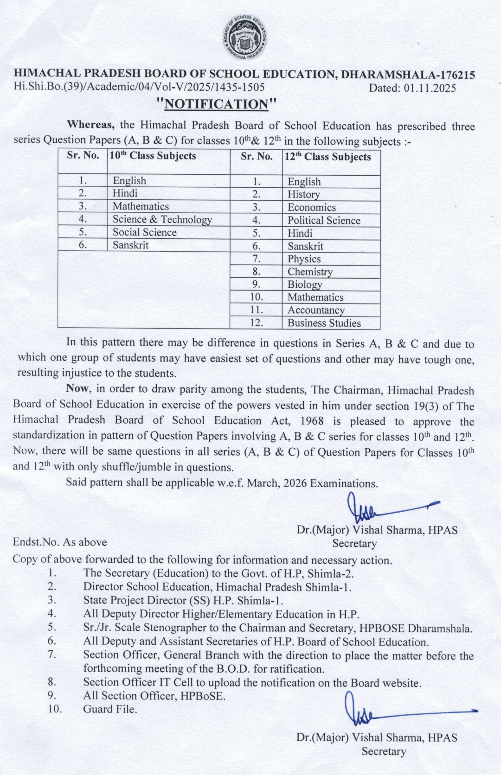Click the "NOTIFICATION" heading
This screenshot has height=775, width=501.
click(x=218, y=103)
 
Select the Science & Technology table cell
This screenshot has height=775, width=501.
click(x=162, y=219)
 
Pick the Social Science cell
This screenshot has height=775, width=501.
click(x=144, y=232)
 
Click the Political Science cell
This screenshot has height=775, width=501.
click(x=324, y=221)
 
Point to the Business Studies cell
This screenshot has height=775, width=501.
click(x=324, y=323)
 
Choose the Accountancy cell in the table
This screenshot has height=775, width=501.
click(x=316, y=310)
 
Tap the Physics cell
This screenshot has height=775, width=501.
click(x=304, y=259)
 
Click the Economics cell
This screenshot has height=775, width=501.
click(x=311, y=208)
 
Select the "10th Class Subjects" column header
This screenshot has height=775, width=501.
click(x=152, y=156)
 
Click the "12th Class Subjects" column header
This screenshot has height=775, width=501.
click(x=328, y=157)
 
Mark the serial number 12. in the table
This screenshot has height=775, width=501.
click(x=256, y=323)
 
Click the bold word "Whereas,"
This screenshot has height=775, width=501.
click(x=91, y=125)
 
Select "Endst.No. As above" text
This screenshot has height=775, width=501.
click(x=60, y=542)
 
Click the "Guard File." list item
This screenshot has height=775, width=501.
click(x=110, y=709)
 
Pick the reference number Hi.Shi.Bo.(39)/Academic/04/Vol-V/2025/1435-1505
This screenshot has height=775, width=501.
click(x=139, y=87)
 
